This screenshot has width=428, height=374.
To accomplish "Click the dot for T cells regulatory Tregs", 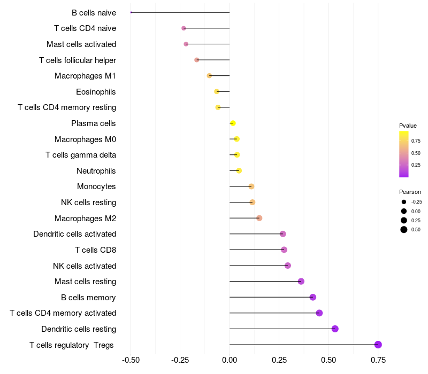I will tap(378, 345).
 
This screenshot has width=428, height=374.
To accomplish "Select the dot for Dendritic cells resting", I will tap(335, 329).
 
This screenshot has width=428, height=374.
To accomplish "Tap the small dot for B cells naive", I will tap(131, 12).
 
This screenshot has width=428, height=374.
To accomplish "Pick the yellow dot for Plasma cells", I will tap(233, 123).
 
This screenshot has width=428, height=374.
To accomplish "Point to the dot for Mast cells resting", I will tap(301, 282).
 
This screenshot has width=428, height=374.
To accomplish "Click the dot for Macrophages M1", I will tap(209, 76).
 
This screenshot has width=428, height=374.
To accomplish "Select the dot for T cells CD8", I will tap(284, 250).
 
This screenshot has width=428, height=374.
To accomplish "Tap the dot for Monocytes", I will tap(251, 186).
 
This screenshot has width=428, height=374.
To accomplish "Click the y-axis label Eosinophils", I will tap(96, 92).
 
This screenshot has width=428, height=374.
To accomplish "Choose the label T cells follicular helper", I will tap(78, 60).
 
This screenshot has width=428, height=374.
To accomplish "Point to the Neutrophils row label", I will tap(96, 171).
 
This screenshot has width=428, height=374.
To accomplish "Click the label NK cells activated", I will tap(85, 266).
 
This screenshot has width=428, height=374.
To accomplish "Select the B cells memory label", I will tap(89, 298).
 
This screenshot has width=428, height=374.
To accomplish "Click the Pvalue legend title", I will tap(408, 126).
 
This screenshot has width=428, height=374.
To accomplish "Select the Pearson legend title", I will tap(410, 192).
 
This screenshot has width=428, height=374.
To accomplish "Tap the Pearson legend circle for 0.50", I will tap(403, 230).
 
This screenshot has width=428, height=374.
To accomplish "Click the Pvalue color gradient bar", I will tap(404, 154).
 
